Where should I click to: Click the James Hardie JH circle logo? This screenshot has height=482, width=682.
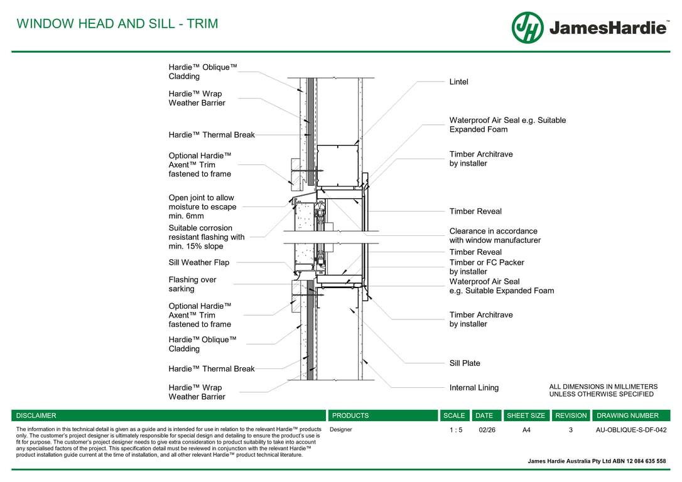point(528,28)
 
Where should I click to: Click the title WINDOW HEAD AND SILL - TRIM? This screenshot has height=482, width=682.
point(117,24)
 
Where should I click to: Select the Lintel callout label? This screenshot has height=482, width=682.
point(458,82)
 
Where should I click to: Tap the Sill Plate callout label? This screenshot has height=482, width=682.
point(465,363)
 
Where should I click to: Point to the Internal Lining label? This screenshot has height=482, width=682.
point(474,388)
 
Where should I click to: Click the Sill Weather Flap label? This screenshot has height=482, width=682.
point(199,262)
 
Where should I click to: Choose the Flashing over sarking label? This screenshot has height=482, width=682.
point(192,284)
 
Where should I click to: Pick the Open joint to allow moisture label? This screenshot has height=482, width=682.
point(202,206)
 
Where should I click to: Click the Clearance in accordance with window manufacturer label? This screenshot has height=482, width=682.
point(494,235)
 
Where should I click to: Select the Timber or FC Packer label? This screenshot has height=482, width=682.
point(486,267)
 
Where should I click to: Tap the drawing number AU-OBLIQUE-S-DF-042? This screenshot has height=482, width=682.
point(631,430)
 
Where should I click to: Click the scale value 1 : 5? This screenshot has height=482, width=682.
point(454,430)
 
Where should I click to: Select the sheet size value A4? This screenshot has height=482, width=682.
point(526,430)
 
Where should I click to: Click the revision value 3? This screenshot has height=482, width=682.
point(571,430)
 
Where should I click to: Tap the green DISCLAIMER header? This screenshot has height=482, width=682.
point(36,415)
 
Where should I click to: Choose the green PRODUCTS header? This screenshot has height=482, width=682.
point(350,415)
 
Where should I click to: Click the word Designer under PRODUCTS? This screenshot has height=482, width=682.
point(341,430)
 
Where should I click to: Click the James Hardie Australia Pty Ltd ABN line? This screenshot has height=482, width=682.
point(597,461)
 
